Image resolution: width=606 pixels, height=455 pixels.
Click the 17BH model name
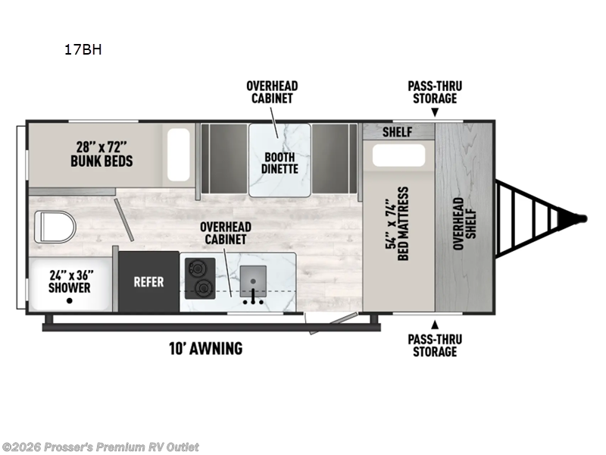click(83, 51)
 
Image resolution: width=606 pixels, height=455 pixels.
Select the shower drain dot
click(69, 301)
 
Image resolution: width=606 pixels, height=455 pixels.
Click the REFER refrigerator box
click(148, 281)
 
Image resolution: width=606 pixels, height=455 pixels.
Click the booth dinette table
click(280, 155)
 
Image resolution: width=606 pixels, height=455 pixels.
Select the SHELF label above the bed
click(397, 132)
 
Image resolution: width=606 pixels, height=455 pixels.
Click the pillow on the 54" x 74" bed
click(398, 157)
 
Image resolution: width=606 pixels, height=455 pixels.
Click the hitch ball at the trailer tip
click(582, 218)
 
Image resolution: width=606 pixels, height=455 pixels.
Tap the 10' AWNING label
click(206, 349)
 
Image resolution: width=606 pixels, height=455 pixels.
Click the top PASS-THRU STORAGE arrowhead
click(435, 113)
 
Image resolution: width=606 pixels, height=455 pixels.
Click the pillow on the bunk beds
click(179, 155)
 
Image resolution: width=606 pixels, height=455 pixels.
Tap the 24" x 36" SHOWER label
click(69, 281)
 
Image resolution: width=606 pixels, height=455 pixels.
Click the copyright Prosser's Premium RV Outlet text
click(100, 447)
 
